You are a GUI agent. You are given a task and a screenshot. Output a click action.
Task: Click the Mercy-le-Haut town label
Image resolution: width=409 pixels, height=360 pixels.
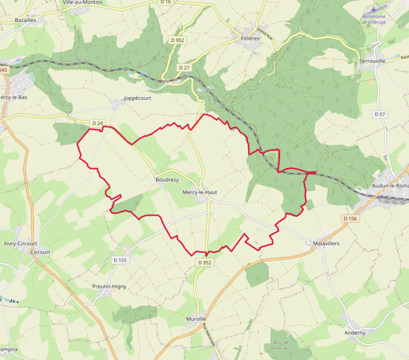pyautogui.click(x=199, y=192)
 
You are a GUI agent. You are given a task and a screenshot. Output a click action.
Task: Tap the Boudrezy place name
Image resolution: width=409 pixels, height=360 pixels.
pyautogui.click(x=167, y=180)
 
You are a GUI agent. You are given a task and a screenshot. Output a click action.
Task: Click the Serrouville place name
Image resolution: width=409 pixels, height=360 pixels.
pyautogui.click(x=372, y=61)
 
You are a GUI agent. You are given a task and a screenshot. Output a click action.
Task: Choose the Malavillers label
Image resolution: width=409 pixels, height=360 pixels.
pyautogui.click(x=327, y=244)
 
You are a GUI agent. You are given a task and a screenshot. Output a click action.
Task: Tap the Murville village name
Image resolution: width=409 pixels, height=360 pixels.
pyautogui.click(x=196, y=319)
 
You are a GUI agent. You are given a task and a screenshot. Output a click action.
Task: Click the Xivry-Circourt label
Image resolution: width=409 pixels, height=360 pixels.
pyautogui.click(x=20, y=243)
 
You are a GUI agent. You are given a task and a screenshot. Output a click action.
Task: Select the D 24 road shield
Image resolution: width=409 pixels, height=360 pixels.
pyautogui.click(x=97, y=123)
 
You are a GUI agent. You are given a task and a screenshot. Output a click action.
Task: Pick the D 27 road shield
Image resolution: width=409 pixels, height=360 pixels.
pyautogui.click(x=184, y=68)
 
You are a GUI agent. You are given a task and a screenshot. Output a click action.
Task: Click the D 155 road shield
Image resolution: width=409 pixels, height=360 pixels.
pyautogui.click(x=120, y=260)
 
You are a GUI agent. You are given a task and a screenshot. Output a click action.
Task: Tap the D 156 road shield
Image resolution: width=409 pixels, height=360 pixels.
pyautogui.click(x=350, y=219)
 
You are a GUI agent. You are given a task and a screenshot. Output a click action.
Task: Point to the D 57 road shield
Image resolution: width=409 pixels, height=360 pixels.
pyautogui.click(x=380, y=114)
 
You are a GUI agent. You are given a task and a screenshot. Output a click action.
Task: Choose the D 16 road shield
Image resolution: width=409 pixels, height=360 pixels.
pyautogui.click(x=166, y=2)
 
